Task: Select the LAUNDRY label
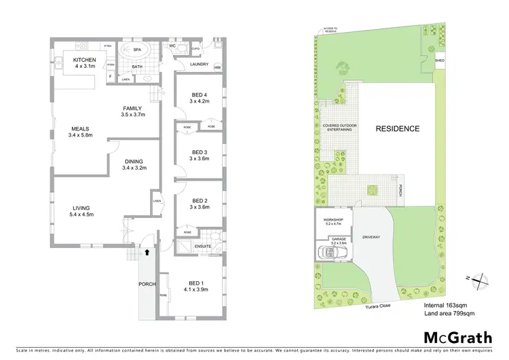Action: [198, 65]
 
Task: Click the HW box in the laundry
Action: [218, 68]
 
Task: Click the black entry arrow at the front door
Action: [147, 251]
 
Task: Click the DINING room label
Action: [134, 161]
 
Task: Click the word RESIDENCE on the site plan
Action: [398, 128]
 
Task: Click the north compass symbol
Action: [479, 277]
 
